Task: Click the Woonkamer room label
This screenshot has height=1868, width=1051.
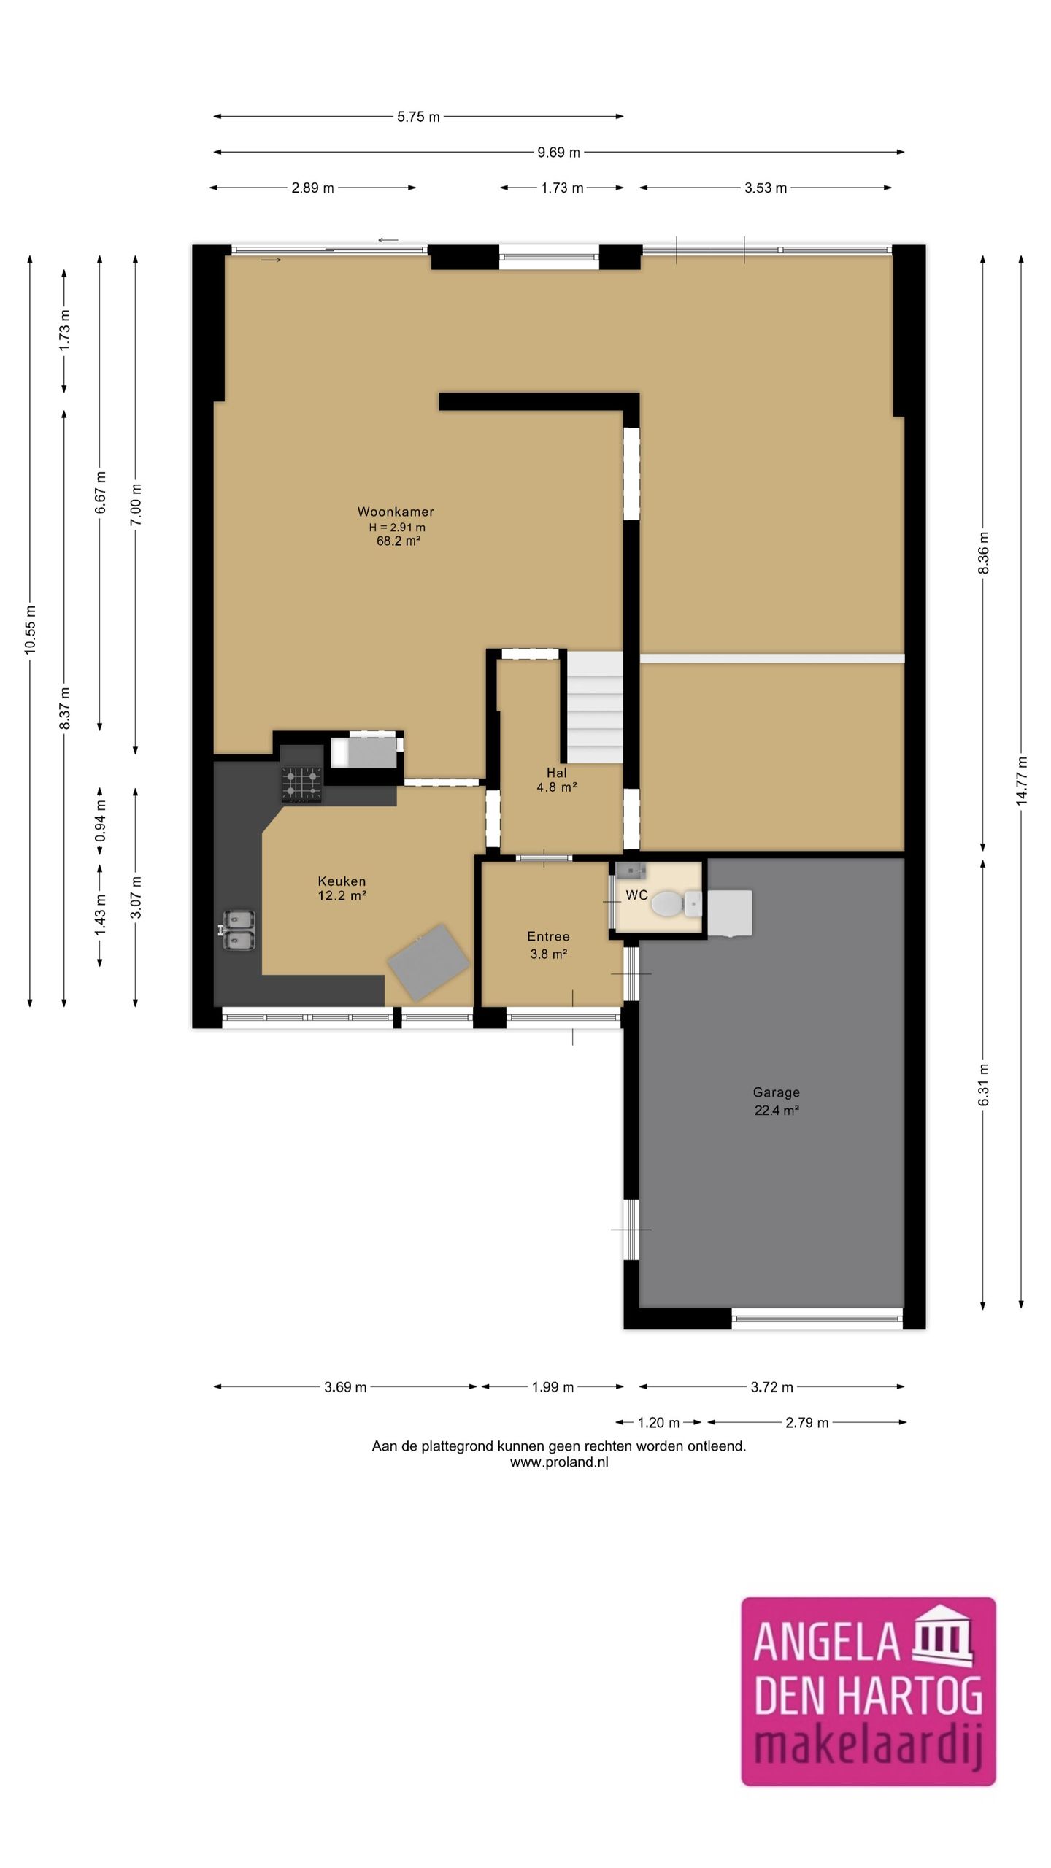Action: coord(396,512)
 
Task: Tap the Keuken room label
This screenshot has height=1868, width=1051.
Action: coord(342,881)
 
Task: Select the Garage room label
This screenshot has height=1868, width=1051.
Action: coord(776,1092)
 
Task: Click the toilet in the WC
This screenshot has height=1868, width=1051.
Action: coord(676,904)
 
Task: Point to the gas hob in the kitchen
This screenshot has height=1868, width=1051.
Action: coord(301,784)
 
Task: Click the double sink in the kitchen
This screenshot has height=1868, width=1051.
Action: coord(238,930)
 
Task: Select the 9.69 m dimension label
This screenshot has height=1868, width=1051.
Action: coord(558,153)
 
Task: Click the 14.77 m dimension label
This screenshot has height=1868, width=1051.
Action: coord(1022,781)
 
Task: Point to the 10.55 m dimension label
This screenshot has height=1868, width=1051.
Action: coord(30,630)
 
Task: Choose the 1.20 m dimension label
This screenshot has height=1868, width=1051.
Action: coord(658,1422)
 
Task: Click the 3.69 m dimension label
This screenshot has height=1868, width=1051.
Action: coord(345,1387)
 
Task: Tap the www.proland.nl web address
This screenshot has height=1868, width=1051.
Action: coord(559,1462)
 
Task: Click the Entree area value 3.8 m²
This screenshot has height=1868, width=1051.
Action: coord(549,953)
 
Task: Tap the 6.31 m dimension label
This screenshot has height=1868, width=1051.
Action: coord(984,1084)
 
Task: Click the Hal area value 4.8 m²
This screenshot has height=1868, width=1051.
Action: coord(557,787)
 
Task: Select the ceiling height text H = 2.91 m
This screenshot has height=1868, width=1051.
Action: coord(397,527)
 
